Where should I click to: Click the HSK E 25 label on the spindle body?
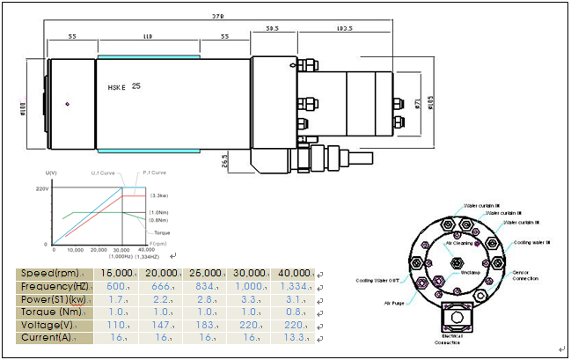(122, 87)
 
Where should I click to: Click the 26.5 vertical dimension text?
(225, 161)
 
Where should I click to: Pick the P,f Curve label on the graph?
(154, 173)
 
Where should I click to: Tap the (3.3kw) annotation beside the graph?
(159, 195)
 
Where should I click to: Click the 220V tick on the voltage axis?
(40, 188)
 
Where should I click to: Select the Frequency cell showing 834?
(208, 286)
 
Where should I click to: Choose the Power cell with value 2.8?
(208, 299)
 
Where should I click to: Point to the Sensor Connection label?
(528, 276)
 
